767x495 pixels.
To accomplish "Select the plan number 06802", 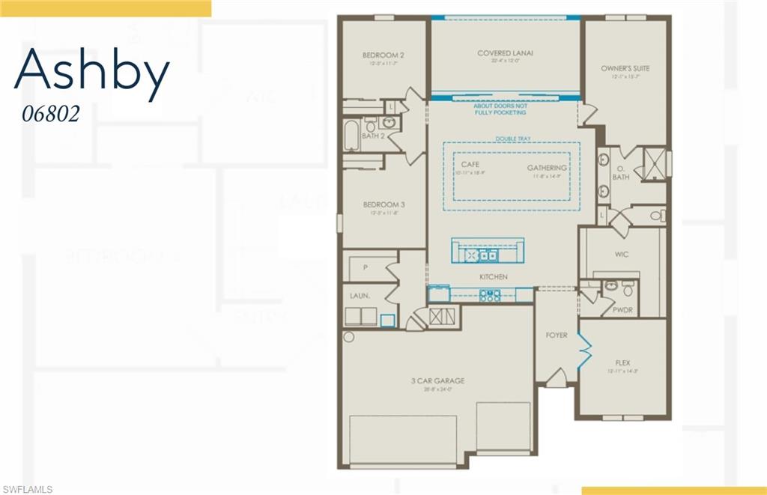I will pos(51,114).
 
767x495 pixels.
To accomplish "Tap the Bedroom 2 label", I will pos(383,55).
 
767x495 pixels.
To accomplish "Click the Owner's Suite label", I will pos(625,68).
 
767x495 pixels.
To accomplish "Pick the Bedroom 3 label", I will pos(383,204).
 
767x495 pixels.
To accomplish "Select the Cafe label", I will pos(470,164).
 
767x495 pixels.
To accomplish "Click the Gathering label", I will pos(546,168).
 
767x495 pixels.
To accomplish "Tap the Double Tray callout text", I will pos(512,139).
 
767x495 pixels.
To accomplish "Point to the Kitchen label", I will pos(494,277).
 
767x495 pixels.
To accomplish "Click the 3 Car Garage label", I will pos(438,380).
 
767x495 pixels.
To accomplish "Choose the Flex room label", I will pos(622,362).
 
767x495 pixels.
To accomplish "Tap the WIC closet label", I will pos(622,255).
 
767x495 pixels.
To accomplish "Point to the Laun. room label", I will pos(360,296).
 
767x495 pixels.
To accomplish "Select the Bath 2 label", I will pos(372,136).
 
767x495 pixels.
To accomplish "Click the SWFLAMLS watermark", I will pos(27,489).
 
